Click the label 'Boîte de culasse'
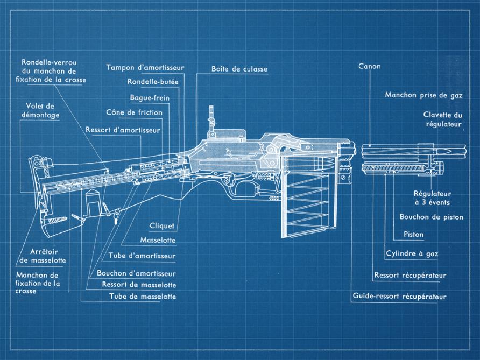(239, 69)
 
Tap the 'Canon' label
(369, 67)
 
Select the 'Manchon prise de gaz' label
(423, 95)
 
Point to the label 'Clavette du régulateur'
(443, 119)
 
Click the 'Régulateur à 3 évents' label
(432, 197)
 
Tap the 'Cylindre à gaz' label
(412, 253)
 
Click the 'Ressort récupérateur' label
(410, 276)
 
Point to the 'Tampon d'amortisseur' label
(145, 68)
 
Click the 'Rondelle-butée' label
(152, 82)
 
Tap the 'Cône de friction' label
(137, 112)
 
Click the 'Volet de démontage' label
(43, 110)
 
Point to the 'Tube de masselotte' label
(142, 297)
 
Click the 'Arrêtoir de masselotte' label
(43, 256)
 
